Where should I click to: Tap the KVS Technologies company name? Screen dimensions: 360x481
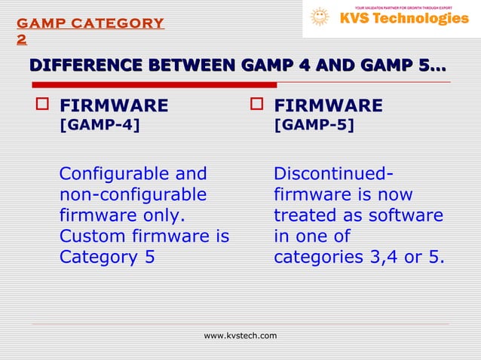(x=403, y=19)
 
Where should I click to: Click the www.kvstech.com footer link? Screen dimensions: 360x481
(x=240, y=335)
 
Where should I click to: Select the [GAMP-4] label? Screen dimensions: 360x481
(x=100, y=125)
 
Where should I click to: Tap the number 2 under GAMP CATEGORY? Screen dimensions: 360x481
(x=22, y=39)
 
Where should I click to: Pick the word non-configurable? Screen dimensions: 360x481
(x=133, y=195)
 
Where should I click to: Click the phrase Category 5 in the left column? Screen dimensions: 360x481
(x=107, y=258)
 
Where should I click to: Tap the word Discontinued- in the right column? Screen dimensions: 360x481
(x=332, y=174)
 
